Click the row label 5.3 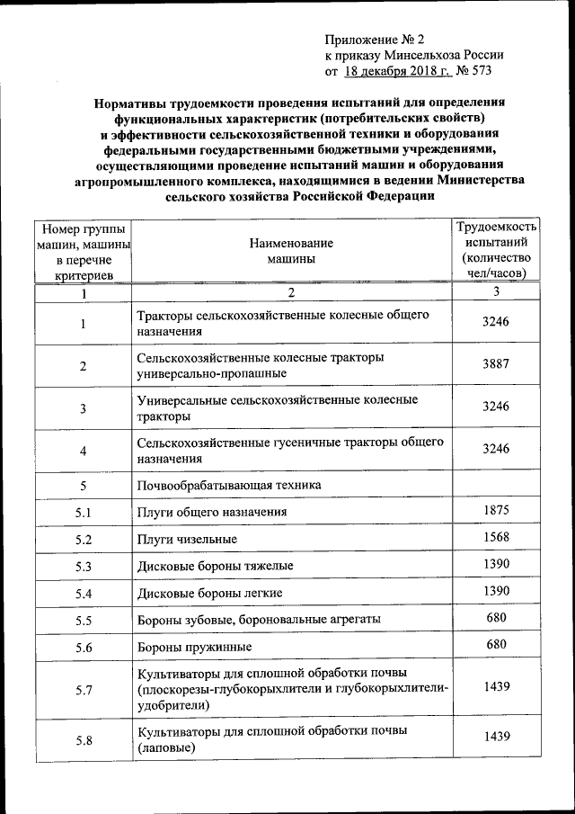pos(84,568)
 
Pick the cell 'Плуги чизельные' pos(187,540)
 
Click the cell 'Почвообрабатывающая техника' pos(229,486)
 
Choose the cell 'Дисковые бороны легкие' pos(210,594)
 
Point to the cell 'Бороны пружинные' pos(194,647)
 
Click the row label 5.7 pos(84,691)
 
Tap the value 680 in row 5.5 pos(495,618)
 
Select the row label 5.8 pos(84,740)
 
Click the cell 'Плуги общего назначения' pos(212,513)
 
